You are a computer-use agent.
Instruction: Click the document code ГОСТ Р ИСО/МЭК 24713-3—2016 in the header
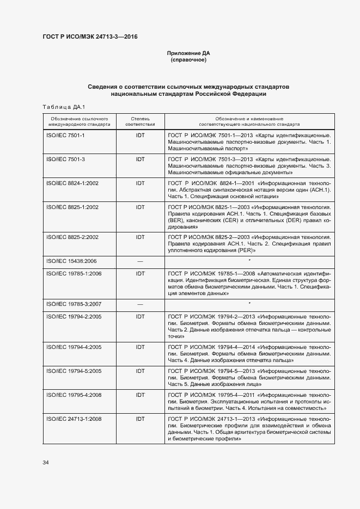tap(90, 36)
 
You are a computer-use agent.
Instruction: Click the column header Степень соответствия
tap(140, 121)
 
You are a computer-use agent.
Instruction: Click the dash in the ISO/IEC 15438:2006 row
tap(140, 262)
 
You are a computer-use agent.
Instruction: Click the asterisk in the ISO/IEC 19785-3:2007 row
tap(249, 303)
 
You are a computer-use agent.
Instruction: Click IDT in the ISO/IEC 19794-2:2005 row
tap(140, 316)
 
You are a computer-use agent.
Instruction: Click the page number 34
tap(46, 462)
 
